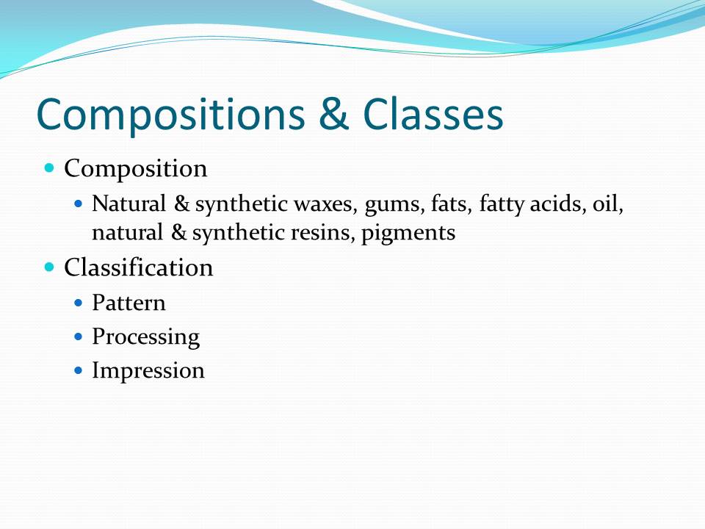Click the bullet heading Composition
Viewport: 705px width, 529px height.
pyautogui.click(x=136, y=169)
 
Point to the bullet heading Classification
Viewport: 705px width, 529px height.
pyautogui.click(x=139, y=267)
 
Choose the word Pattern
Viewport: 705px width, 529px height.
pyautogui.click(x=129, y=303)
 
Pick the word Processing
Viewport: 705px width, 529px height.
pyautogui.click(x=145, y=337)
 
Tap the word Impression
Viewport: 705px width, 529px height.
pyautogui.click(x=148, y=370)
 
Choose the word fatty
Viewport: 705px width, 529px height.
pyautogui.click(x=502, y=204)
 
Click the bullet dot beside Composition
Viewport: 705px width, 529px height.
pyautogui.click(x=50, y=168)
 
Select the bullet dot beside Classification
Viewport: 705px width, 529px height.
pyautogui.click(x=50, y=267)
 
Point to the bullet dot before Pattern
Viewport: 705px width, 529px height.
pyautogui.click(x=80, y=303)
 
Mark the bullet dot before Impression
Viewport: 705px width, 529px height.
pyautogui.click(x=80, y=370)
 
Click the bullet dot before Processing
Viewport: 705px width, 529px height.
pyautogui.click(x=80, y=337)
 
